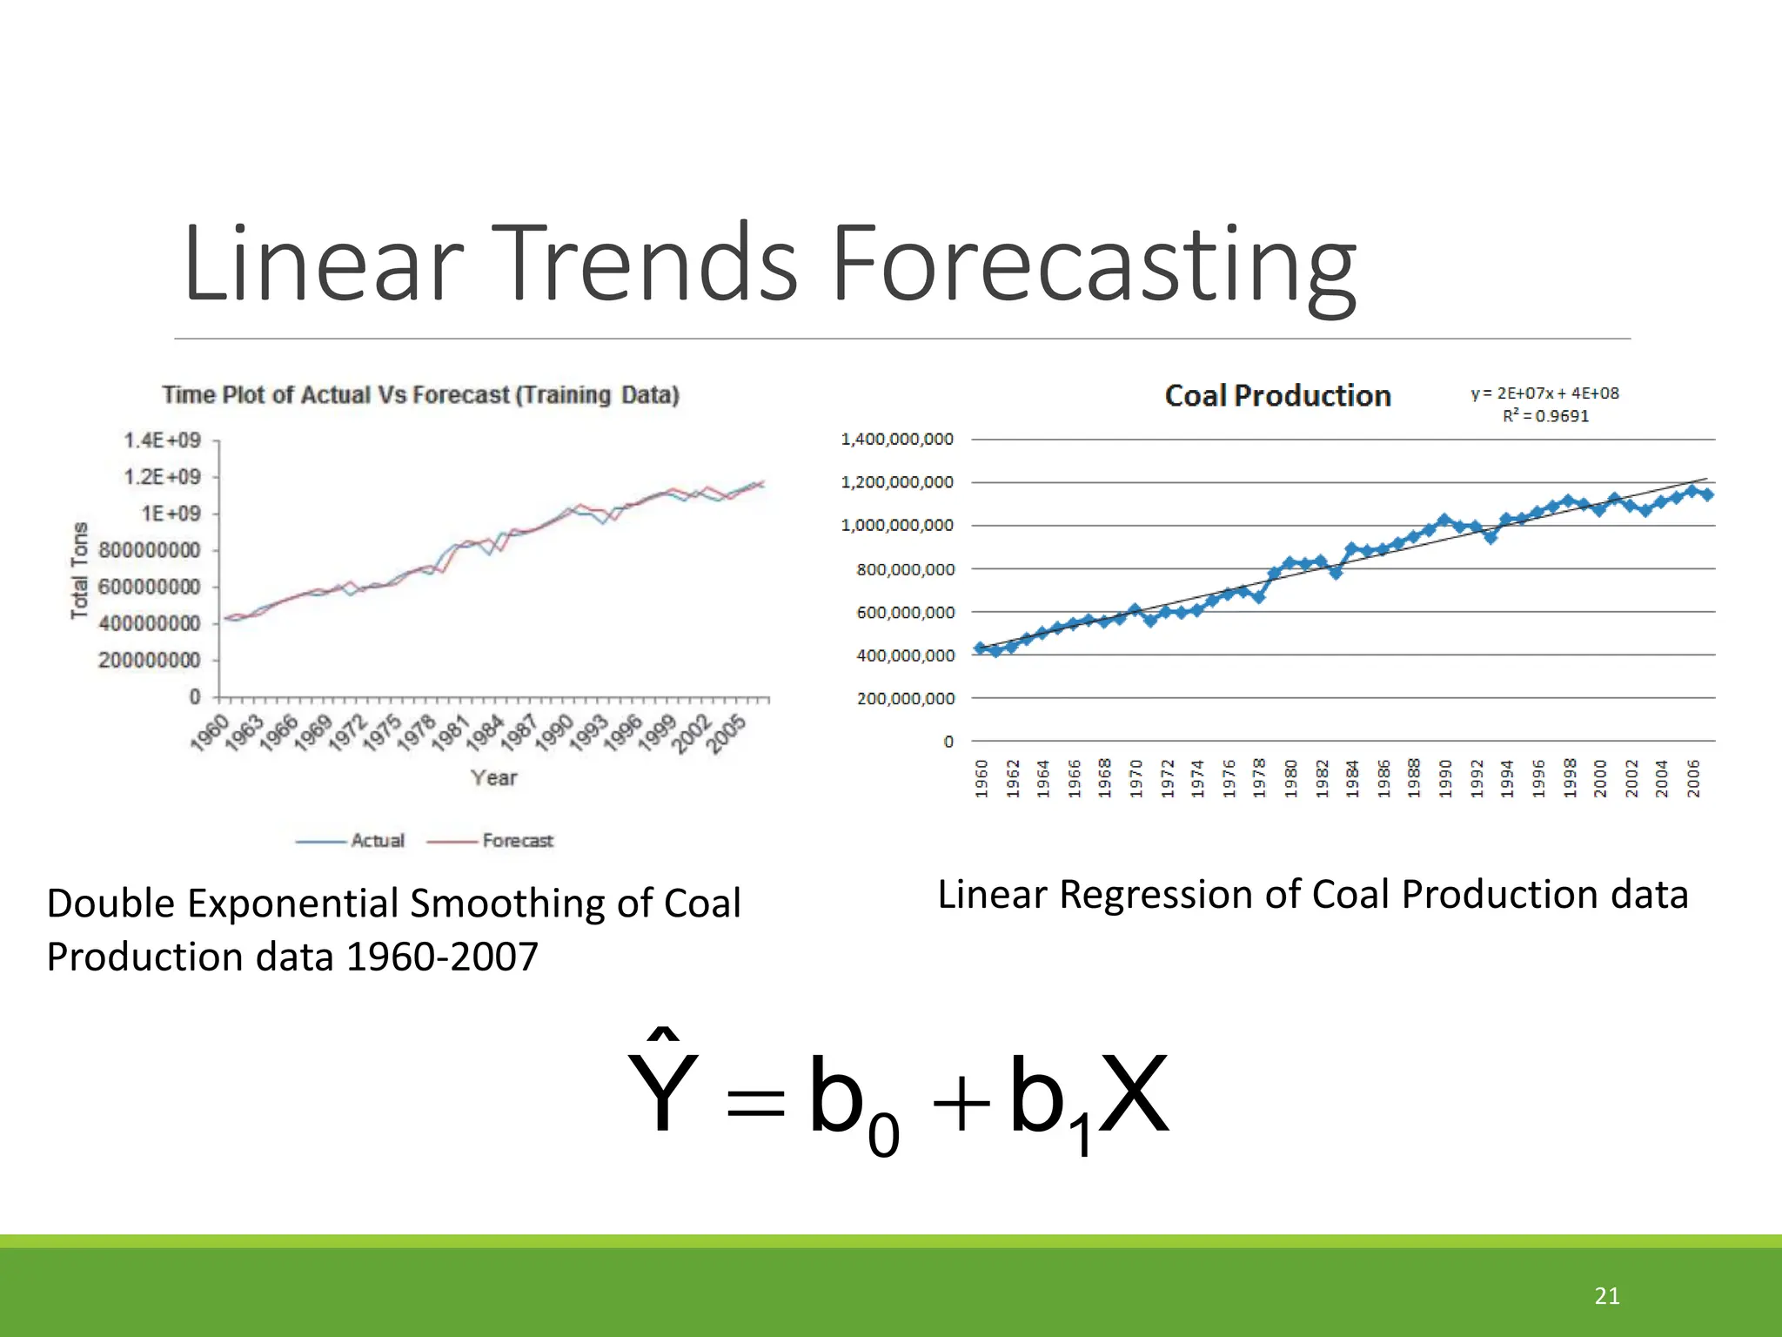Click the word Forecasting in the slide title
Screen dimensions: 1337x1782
pos(1093,265)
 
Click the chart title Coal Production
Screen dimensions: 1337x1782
pos(1277,396)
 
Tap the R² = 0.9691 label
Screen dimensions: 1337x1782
pos(1545,416)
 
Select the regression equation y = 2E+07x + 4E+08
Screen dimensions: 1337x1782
pos(1544,393)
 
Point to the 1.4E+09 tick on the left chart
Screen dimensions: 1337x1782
pos(163,440)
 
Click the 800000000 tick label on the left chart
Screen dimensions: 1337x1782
pos(149,550)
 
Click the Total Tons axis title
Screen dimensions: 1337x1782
pos(80,570)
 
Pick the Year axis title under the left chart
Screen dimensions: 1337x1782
pos(493,777)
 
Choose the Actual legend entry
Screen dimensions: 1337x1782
pos(378,841)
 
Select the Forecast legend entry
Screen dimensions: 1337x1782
pos(517,841)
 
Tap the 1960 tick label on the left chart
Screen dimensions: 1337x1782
pos(211,731)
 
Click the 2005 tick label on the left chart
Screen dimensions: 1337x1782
pos(727,733)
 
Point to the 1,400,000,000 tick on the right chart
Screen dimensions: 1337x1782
pos(897,440)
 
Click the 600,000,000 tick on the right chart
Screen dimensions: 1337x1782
pos(905,613)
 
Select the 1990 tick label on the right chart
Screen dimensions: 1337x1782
pos(1445,777)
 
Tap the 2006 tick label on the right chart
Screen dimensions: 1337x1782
pos(1693,777)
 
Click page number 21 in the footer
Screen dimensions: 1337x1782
pos(1607,1296)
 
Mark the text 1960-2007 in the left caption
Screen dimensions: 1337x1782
pos(442,957)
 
